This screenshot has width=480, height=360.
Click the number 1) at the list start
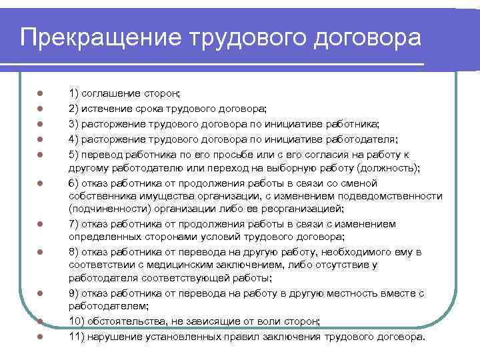coord(74,95)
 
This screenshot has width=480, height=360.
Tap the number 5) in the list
coord(74,153)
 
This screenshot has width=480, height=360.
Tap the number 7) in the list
coord(74,223)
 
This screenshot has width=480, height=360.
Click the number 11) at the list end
coord(77,336)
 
